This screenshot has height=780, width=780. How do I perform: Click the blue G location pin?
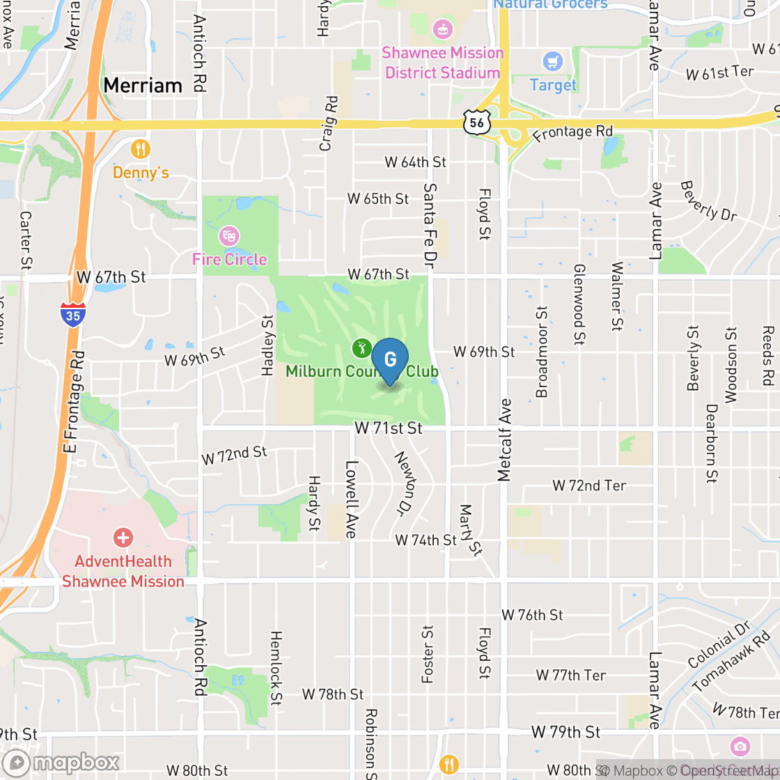click(x=390, y=360)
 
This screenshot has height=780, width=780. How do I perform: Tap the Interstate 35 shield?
click(x=73, y=315)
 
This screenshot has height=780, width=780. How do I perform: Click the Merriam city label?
click(x=143, y=86)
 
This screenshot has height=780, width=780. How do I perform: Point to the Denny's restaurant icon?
click(x=141, y=148)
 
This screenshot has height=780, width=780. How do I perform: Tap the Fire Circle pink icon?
click(x=228, y=236)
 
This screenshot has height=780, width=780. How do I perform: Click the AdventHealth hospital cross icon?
click(x=123, y=537)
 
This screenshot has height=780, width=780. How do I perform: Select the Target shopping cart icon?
click(x=554, y=62)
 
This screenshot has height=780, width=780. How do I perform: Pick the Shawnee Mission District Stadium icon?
click(x=442, y=29)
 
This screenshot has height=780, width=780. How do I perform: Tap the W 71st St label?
click(x=389, y=428)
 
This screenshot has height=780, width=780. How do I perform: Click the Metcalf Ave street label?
click(x=505, y=440)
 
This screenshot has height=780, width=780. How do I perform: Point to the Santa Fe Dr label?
click(x=430, y=223)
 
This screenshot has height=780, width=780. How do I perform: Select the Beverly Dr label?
click(x=708, y=201)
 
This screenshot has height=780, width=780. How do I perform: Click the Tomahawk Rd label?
click(x=736, y=662)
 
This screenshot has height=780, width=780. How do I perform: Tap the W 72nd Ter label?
click(x=589, y=485)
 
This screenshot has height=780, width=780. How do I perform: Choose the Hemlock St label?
click(x=276, y=668)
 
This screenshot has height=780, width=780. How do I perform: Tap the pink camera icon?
click(x=740, y=747)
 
